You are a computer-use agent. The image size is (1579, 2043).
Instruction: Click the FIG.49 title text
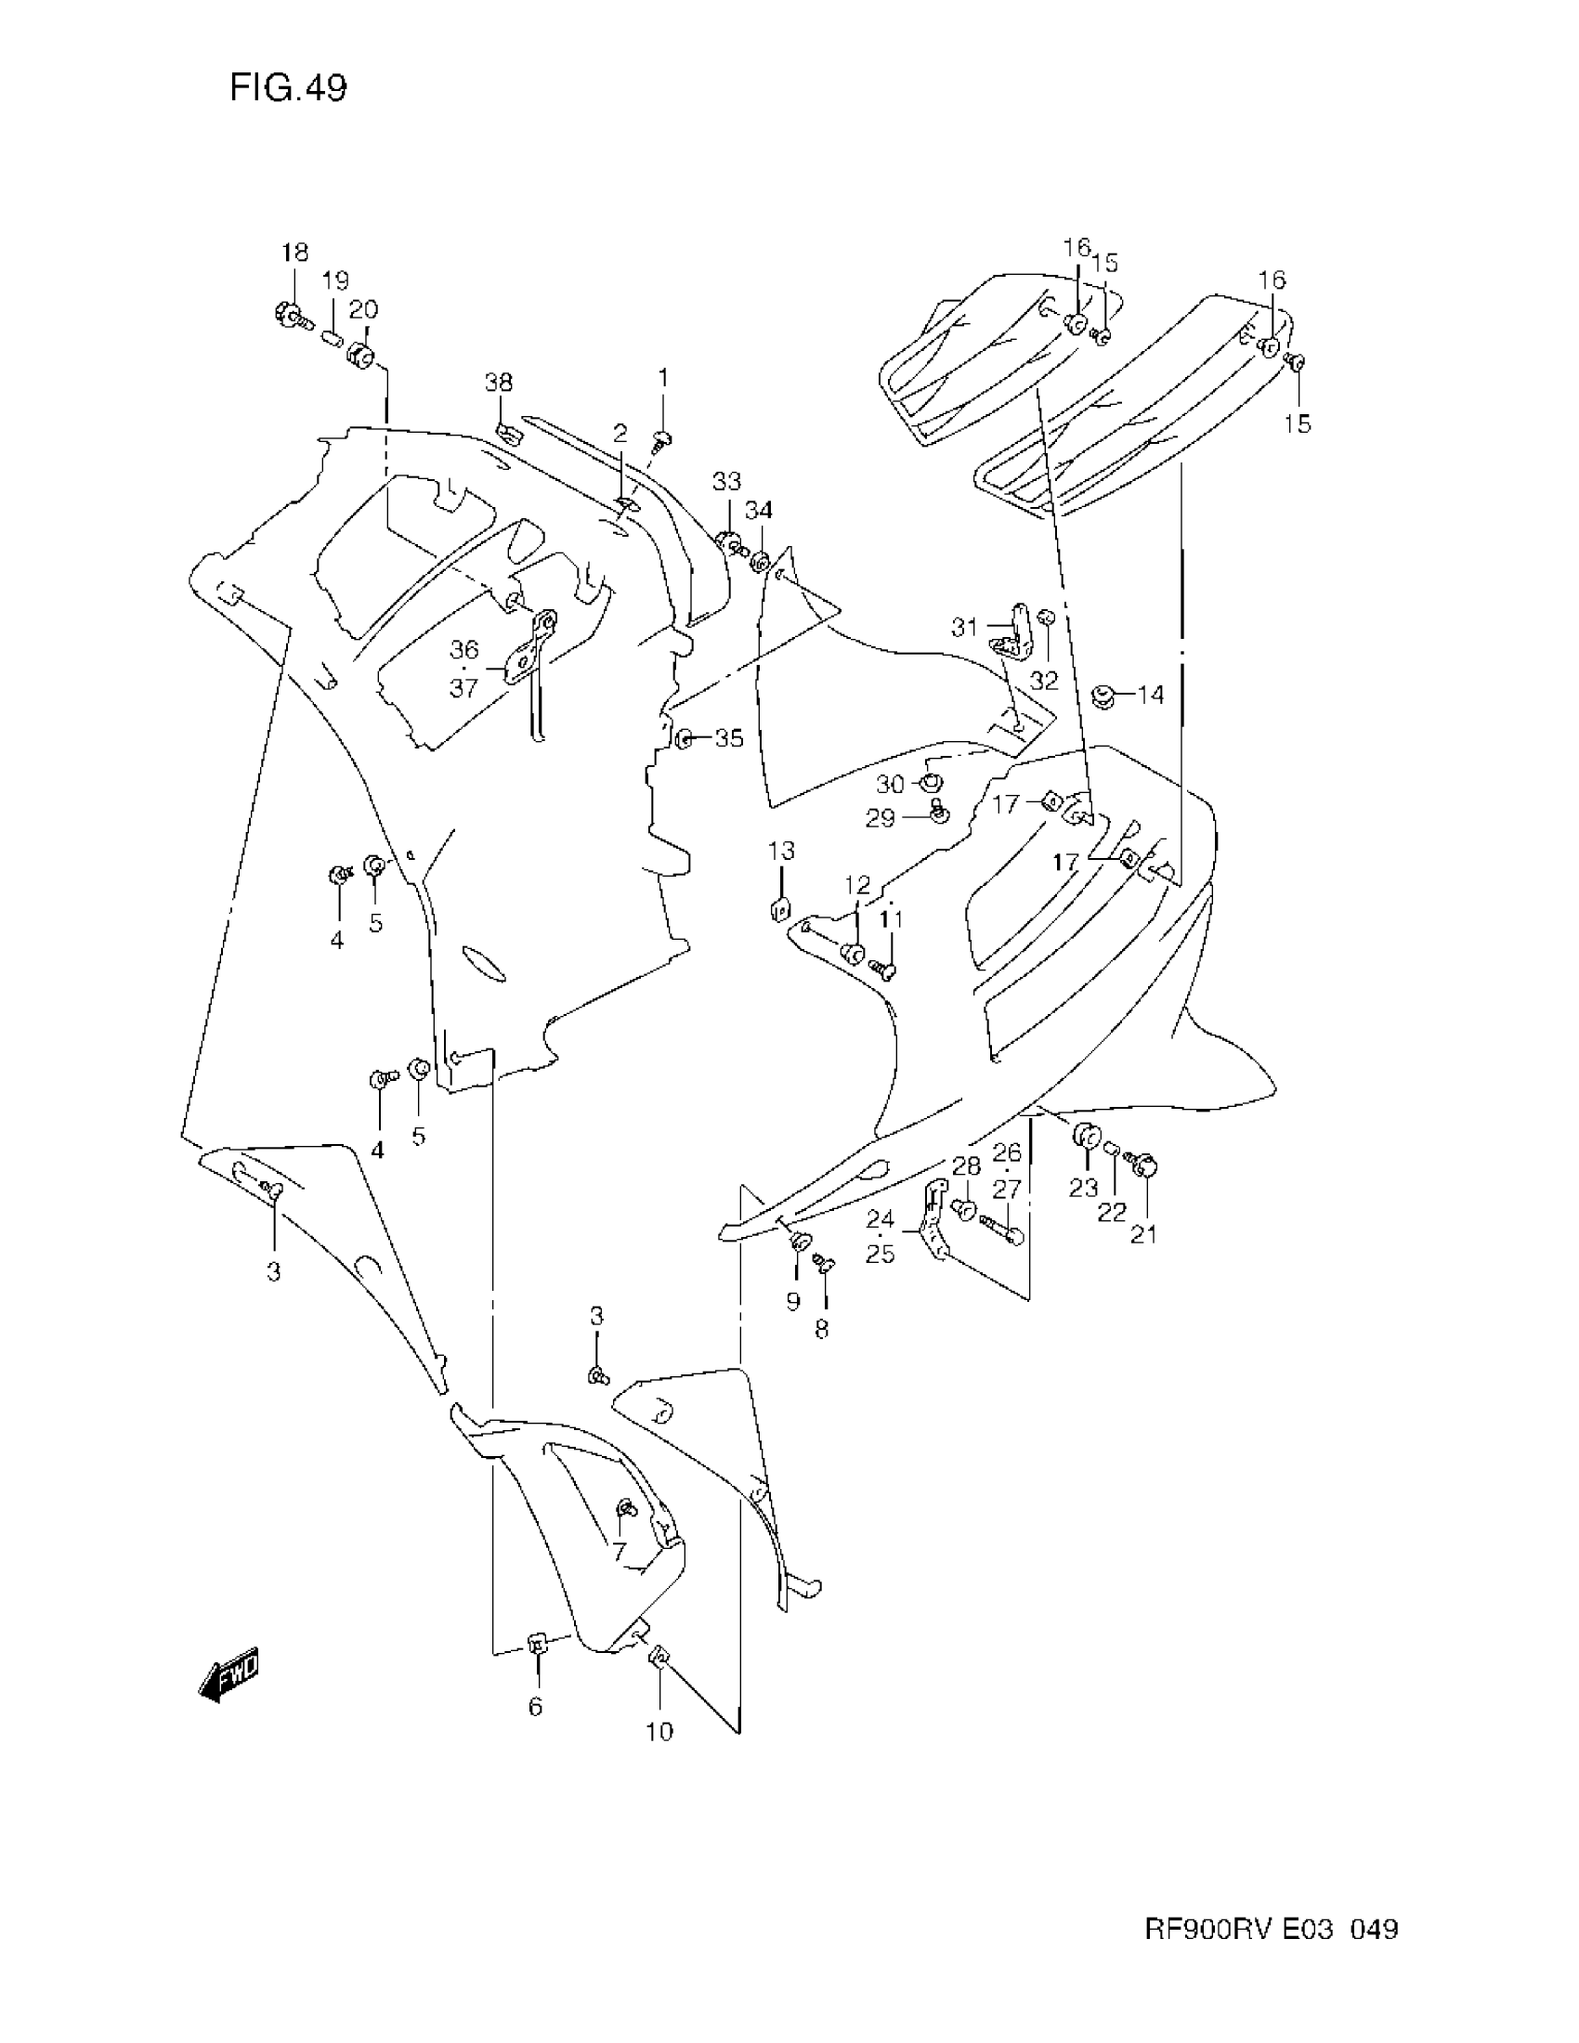tap(288, 89)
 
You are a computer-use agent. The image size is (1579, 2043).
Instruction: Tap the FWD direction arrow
tap(228, 1681)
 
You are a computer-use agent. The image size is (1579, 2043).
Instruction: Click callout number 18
tap(294, 253)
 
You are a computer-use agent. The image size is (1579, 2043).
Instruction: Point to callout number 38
tap(499, 382)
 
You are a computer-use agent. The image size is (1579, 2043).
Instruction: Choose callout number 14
tap(1151, 695)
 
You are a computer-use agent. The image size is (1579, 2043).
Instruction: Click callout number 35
tap(729, 738)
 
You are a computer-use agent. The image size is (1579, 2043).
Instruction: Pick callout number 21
tap(1144, 1234)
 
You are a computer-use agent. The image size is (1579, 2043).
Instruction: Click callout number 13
tap(782, 851)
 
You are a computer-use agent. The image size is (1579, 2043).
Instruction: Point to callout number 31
tap(964, 627)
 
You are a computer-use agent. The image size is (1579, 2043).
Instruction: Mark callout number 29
tap(881, 818)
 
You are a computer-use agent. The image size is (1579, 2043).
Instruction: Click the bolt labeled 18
tap(289, 316)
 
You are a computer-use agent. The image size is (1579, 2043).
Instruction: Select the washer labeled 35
tap(684, 739)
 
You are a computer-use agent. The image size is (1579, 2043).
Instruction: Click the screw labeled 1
tap(662, 437)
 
